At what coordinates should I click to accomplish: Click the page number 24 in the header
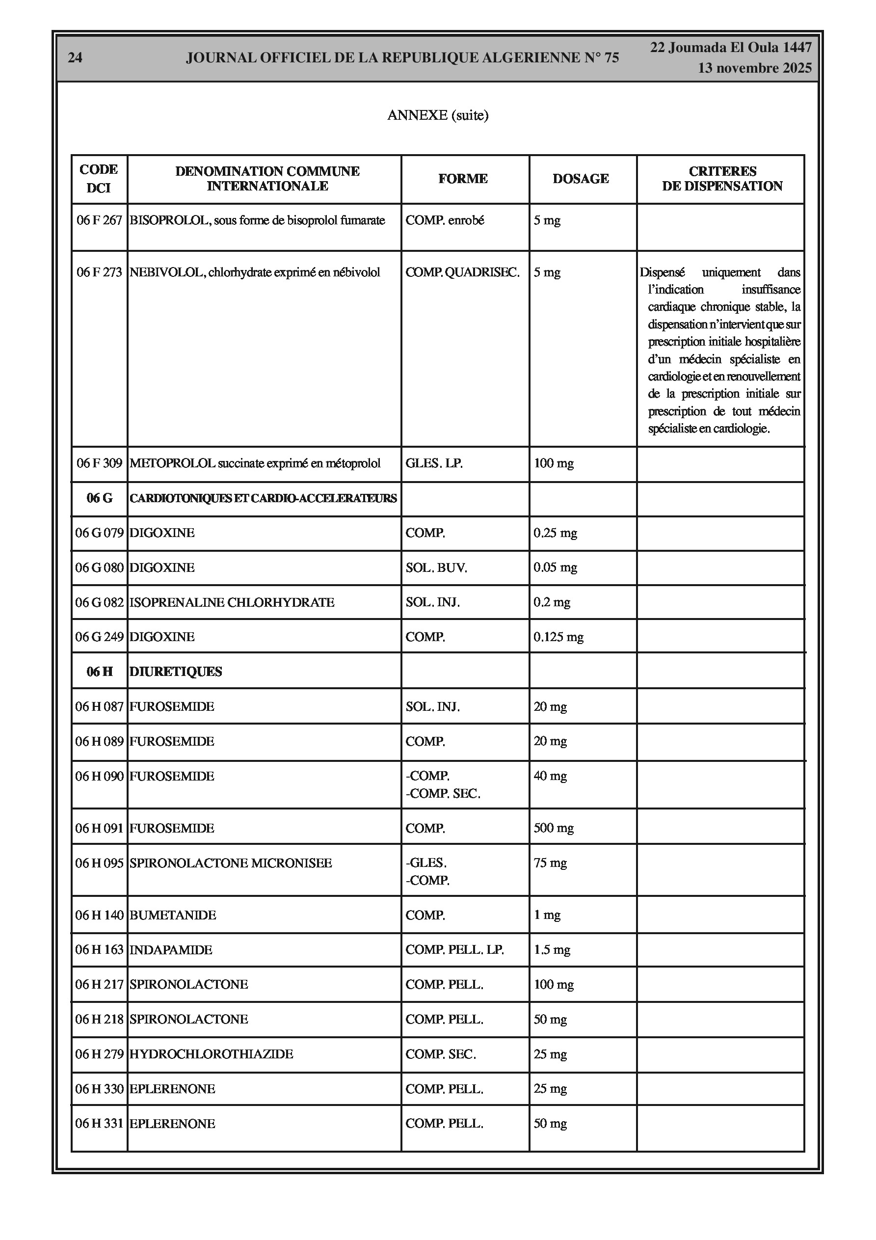pos(75,58)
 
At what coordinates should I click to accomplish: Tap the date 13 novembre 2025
pos(754,68)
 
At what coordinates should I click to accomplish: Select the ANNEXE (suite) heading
pos(437,115)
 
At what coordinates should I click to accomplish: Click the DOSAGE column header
pos(581,179)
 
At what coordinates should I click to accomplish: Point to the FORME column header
pos(463,179)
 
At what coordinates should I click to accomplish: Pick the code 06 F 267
pos(99,220)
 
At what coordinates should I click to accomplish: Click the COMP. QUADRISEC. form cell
pos(462,272)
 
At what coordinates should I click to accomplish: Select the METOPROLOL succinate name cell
pos(255,463)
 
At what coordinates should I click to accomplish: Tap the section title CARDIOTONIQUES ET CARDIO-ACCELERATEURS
pos(263,498)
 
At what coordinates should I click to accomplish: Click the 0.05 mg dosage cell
pos(555,567)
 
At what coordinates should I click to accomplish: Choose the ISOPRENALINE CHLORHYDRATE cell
pos(232,602)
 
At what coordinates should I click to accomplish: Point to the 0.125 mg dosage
pos(558,637)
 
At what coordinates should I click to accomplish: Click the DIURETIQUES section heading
pos(176,672)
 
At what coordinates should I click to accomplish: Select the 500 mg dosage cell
pos(554,829)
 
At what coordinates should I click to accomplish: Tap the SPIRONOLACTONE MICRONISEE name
pos(231,863)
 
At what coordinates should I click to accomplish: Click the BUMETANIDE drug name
pos(173,916)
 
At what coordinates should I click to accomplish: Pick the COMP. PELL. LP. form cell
pos(455,950)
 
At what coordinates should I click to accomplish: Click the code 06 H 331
pos(99,1124)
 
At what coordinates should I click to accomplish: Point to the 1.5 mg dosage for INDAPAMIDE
pos(552,950)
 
